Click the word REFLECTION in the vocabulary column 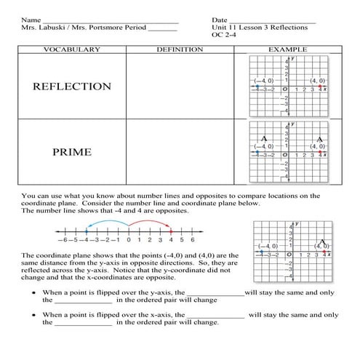(72, 87)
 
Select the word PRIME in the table (72, 153)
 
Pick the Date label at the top (220, 19)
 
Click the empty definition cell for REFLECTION (180, 87)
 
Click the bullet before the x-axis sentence (33, 315)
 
